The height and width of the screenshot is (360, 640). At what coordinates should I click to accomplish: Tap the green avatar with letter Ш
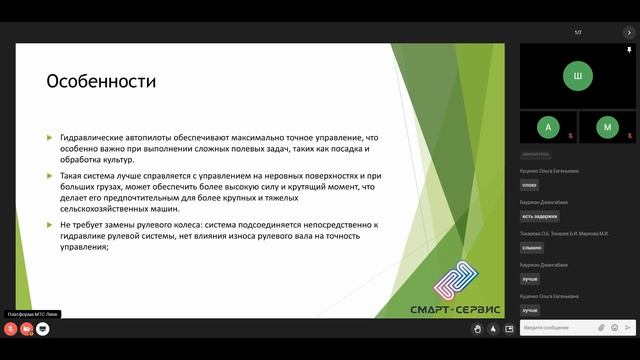[x=577, y=74]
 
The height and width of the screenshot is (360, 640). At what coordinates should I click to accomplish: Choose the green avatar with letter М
[x=607, y=127]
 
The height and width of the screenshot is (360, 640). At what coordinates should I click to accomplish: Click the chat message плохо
[x=530, y=185]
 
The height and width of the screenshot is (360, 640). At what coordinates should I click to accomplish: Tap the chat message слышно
[x=532, y=247]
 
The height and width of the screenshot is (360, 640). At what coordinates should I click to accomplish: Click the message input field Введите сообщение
[x=555, y=327]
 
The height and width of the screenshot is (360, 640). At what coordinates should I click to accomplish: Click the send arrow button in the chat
[x=627, y=327]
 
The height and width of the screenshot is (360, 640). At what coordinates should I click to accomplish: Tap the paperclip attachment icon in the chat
[x=602, y=327]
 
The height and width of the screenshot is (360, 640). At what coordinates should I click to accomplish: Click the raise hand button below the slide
[x=478, y=328]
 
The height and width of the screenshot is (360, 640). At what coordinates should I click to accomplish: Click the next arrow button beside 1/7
[x=629, y=33]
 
